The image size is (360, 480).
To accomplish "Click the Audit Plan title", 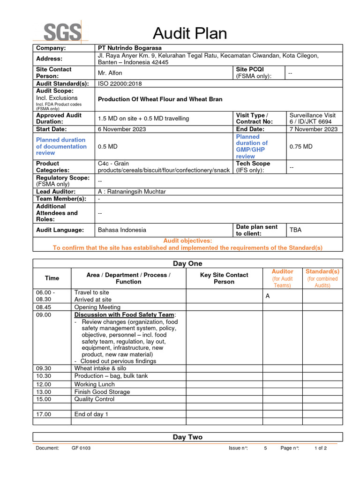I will coord(190,33).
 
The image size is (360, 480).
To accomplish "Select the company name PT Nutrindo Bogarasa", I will coord(129,48).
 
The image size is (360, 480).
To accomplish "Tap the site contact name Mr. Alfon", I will coord(110,73).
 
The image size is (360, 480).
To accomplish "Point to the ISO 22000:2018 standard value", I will coord(120,84).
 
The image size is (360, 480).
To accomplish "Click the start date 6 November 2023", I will coord(122,129).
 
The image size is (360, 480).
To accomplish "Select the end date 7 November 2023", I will coord(313,129).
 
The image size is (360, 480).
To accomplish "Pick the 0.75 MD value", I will coord(301,147).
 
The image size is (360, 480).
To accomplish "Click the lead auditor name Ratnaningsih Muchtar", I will coord(132,191).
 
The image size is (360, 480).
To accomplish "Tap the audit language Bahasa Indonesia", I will coord(122,230).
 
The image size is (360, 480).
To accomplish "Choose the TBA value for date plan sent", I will coord(295,230).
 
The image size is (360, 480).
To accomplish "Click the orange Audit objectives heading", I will coord(187,240).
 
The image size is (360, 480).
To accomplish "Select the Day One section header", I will coord(187,263).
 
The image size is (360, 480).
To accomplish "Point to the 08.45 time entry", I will coord(44,307).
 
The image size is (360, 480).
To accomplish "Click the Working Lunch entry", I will coord(94,384).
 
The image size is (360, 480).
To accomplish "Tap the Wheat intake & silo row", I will coord(100,368).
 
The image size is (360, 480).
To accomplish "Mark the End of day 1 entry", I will coord(91,414).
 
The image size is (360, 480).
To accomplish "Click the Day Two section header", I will coord(187,437).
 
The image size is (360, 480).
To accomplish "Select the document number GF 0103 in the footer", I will coord(81,448).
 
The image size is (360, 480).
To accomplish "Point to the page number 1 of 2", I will coord(321,448).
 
